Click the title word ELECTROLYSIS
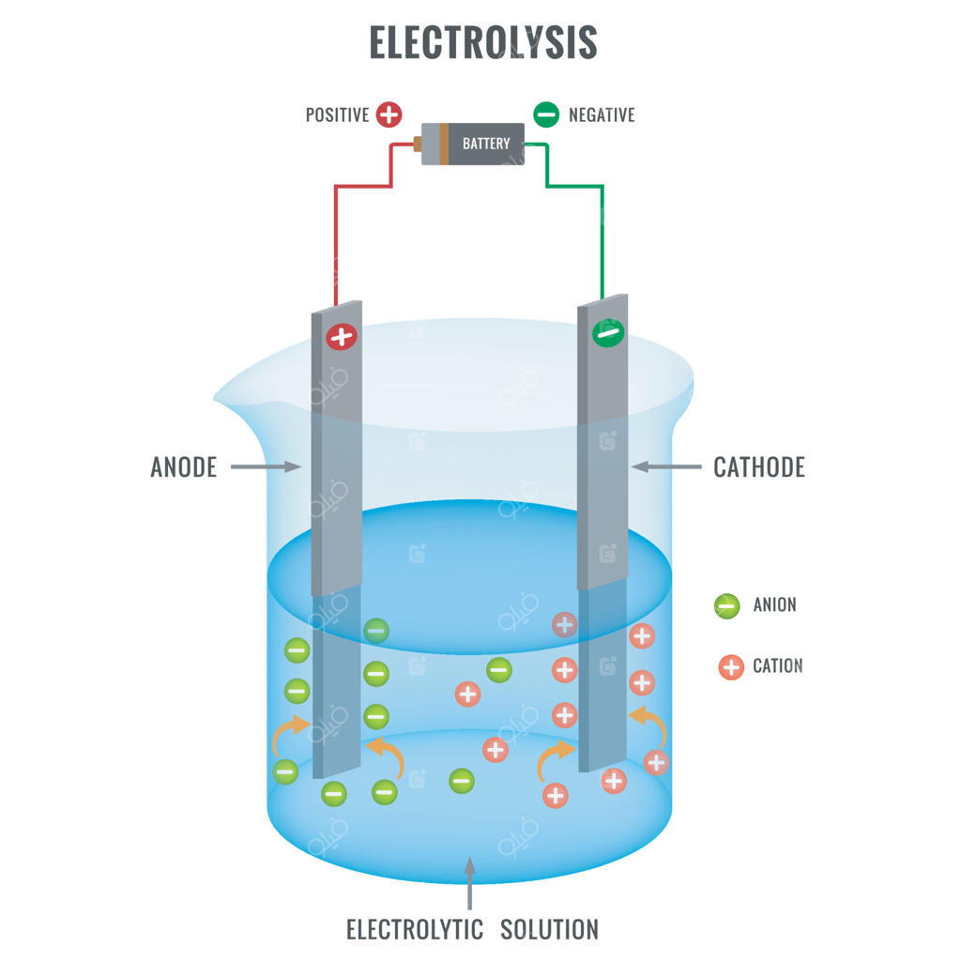pyautogui.click(x=482, y=43)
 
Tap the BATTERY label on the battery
pyautogui.click(x=485, y=144)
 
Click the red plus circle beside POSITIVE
pyautogui.click(x=389, y=114)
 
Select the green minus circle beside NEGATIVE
pyautogui.click(x=546, y=114)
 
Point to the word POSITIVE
pyautogui.click(x=337, y=115)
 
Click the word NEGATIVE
pyautogui.click(x=602, y=115)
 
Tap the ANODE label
pyautogui.click(x=184, y=466)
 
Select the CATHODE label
pyautogui.click(x=758, y=466)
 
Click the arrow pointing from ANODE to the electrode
pyautogui.click(x=266, y=466)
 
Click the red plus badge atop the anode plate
pyautogui.click(x=342, y=337)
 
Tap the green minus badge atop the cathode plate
pyautogui.click(x=608, y=332)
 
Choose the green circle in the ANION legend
pyautogui.click(x=727, y=605)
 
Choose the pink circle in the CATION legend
pyautogui.click(x=730, y=667)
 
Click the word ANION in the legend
pyautogui.click(x=774, y=605)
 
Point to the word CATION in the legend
pyautogui.click(x=777, y=666)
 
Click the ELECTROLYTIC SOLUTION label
pyautogui.click(x=472, y=930)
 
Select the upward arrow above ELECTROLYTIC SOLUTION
pyautogui.click(x=470, y=882)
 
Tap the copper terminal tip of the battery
pyautogui.click(x=418, y=145)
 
